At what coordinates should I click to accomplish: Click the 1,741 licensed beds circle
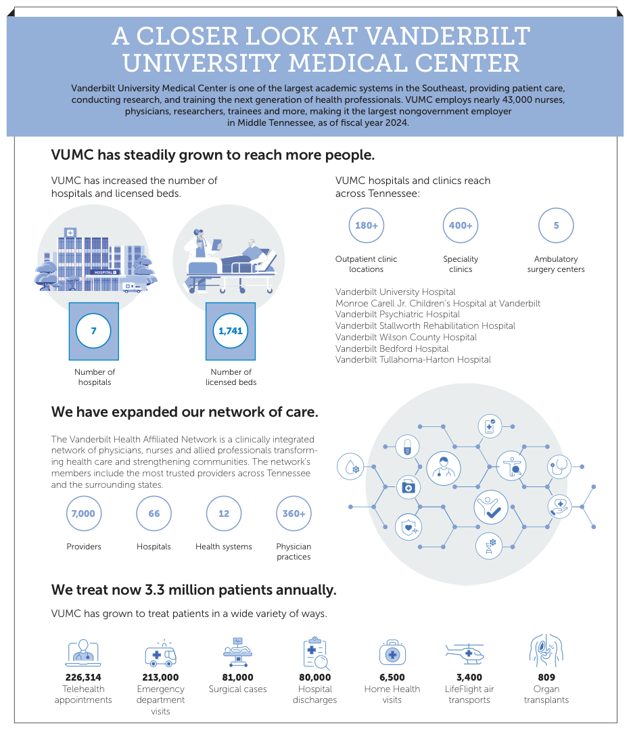(x=231, y=332)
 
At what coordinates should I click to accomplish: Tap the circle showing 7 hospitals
(x=94, y=332)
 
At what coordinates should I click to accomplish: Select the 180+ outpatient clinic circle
(x=366, y=225)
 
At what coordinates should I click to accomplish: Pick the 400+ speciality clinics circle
(x=461, y=225)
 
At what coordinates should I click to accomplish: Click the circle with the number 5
(x=556, y=225)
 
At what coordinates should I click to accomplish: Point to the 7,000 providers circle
(x=83, y=514)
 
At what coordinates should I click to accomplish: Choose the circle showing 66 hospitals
(x=154, y=514)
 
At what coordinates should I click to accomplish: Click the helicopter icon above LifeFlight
(x=465, y=654)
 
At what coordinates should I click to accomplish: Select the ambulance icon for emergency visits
(x=160, y=654)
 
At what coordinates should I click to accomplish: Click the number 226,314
(x=83, y=677)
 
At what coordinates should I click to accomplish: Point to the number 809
(x=546, y=677)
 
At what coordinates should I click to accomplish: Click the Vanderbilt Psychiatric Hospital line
(x=398, y=315)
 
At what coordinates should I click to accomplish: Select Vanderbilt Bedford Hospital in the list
(x=392, y=348)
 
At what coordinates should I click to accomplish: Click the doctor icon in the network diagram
(x=444, y=467)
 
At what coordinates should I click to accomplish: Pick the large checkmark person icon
(x=490, y=507)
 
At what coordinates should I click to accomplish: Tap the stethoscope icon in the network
(x=561, y=465)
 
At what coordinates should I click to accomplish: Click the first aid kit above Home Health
(x=392, y=654)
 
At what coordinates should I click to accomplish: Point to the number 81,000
(x=237, y=677)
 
